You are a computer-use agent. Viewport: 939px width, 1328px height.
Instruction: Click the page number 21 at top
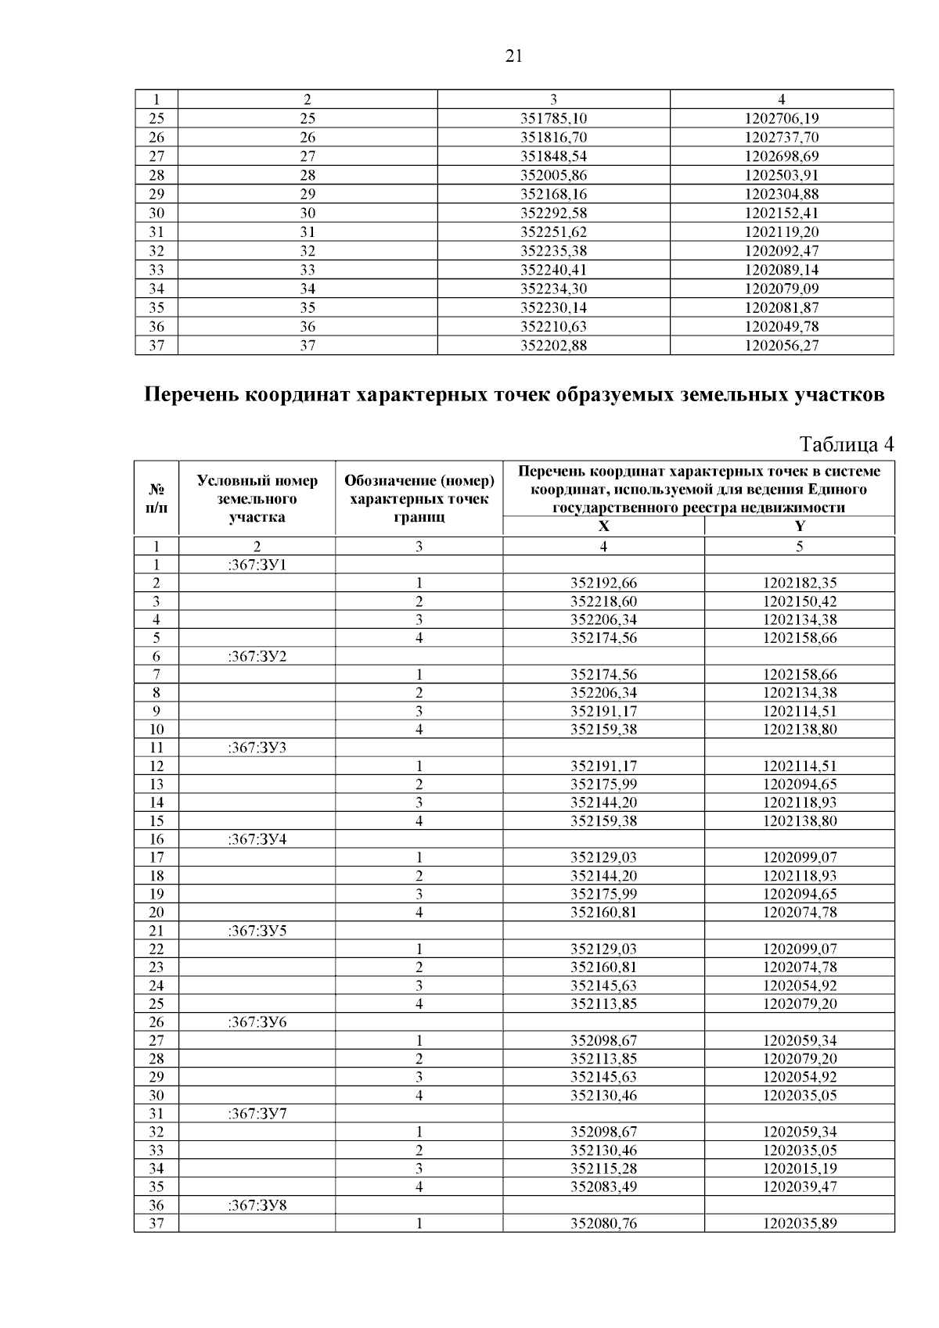tap(514, 56)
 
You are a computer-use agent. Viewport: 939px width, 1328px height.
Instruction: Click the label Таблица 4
tap(846, 445)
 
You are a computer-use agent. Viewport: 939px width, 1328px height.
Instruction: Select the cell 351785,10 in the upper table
tap(553, 119)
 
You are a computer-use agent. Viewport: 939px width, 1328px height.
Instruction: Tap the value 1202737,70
tap(781, 138)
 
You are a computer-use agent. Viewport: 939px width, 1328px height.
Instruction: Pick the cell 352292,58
tap(553, 214)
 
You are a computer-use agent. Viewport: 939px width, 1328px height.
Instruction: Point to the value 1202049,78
tap(781, 326)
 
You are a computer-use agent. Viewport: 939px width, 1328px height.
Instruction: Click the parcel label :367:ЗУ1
tap(257, 565)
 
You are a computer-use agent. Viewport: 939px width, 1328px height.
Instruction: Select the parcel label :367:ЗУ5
tap(257, 931)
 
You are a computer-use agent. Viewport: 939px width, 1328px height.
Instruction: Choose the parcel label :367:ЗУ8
tap(257, 1205)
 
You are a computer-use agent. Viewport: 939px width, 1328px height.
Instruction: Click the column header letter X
tap(603, 527)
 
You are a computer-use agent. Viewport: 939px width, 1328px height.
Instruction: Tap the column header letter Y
tap(799, 527)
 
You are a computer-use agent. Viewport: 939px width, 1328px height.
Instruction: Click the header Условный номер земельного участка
tap(257, 499)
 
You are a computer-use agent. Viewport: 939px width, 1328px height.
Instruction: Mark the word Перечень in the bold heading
tap(192, 395)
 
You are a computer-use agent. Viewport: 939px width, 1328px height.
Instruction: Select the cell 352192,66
tap(603, 583)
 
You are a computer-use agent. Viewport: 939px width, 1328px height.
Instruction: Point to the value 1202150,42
tap(799, 602)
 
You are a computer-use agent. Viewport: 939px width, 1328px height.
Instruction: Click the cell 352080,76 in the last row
tap(603, 1224)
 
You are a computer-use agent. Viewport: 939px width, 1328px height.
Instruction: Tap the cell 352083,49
tap(603, 1187)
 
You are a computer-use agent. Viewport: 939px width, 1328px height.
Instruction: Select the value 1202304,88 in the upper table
tap(781, 194)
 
